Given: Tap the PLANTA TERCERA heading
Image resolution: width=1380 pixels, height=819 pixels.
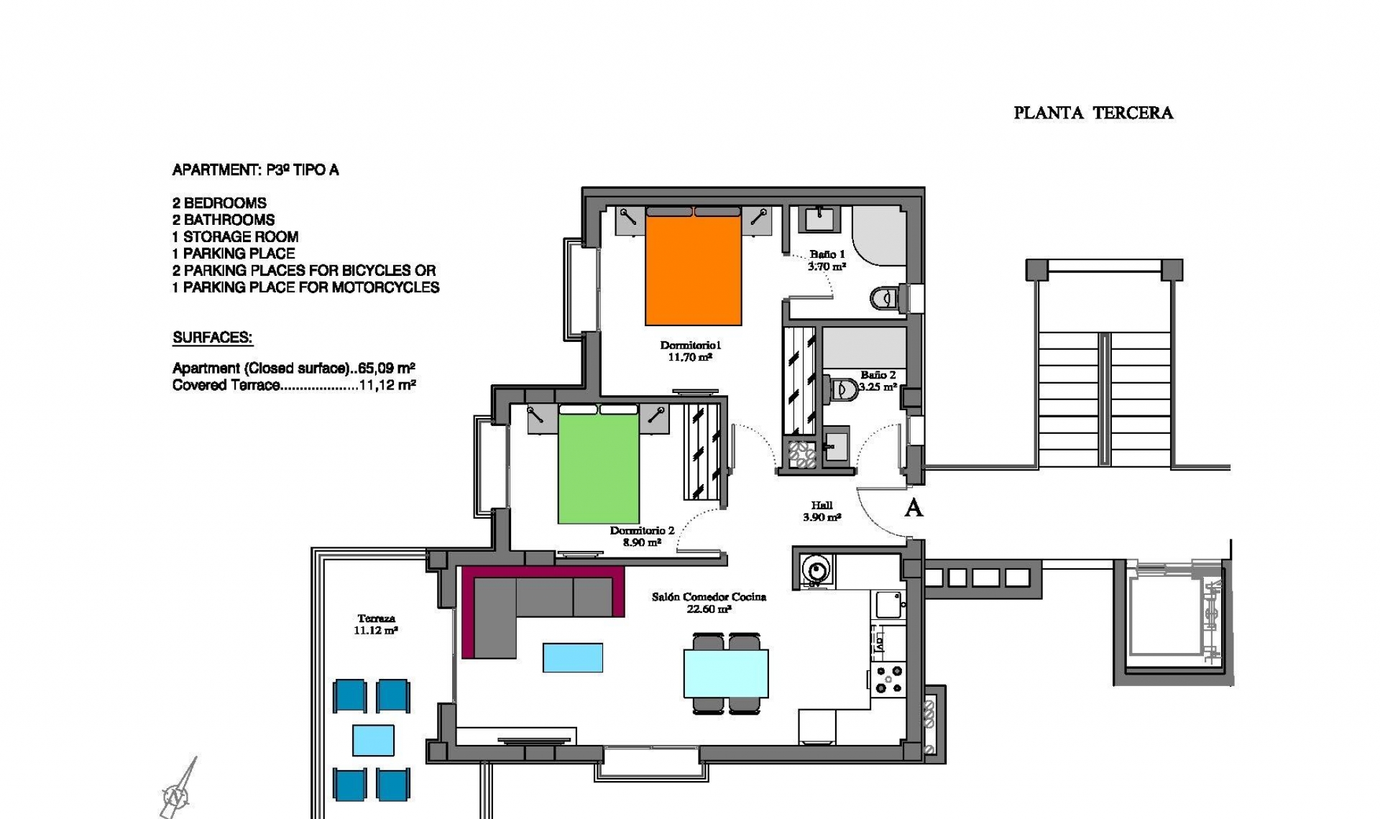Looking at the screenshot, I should [x=1092, y=113].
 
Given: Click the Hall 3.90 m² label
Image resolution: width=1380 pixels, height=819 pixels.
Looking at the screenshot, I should [x=822, y=512].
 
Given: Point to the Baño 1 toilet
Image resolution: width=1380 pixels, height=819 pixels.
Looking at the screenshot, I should [x=885, y=297].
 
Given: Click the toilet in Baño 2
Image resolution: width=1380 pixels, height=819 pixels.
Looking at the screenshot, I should [x=840, y=390].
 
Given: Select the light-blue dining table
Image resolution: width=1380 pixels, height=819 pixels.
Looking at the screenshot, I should [x=725, y=673].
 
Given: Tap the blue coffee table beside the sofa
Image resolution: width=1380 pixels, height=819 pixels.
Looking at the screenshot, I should [x=572, y=657].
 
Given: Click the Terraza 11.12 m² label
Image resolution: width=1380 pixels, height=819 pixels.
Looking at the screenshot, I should [x=375, y=624].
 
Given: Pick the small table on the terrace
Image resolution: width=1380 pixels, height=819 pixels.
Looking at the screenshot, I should [x=373, y=740].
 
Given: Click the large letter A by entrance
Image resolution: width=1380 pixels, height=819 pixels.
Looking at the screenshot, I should [x=913, y=508].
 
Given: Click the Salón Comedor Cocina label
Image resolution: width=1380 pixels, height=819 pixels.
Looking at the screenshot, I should [x=709, y=602].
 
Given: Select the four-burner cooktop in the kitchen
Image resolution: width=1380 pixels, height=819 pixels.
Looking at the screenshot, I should [x=888, y=680].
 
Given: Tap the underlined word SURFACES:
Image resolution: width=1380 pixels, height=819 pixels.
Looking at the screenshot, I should [x=213, y=338].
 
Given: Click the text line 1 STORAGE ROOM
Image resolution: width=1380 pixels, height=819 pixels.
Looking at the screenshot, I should [x=235, y=236].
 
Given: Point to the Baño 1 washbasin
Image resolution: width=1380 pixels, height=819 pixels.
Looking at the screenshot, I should [x=820, y=218].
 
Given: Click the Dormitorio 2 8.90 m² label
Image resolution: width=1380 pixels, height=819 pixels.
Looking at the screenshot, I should [x=642, y=537].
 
